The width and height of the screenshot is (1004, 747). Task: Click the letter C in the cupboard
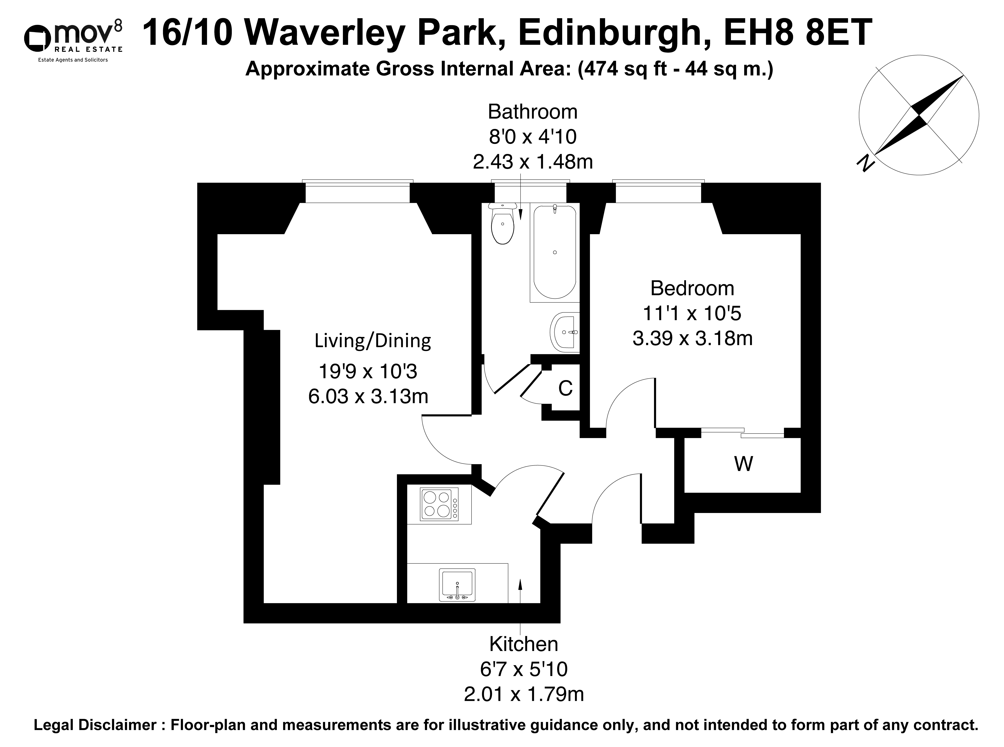point(565,388)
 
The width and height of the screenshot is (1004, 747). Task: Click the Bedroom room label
point(692,288)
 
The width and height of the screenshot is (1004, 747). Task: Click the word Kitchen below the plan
point(524,644)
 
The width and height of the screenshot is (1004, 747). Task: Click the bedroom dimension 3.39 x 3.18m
point(692,338)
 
